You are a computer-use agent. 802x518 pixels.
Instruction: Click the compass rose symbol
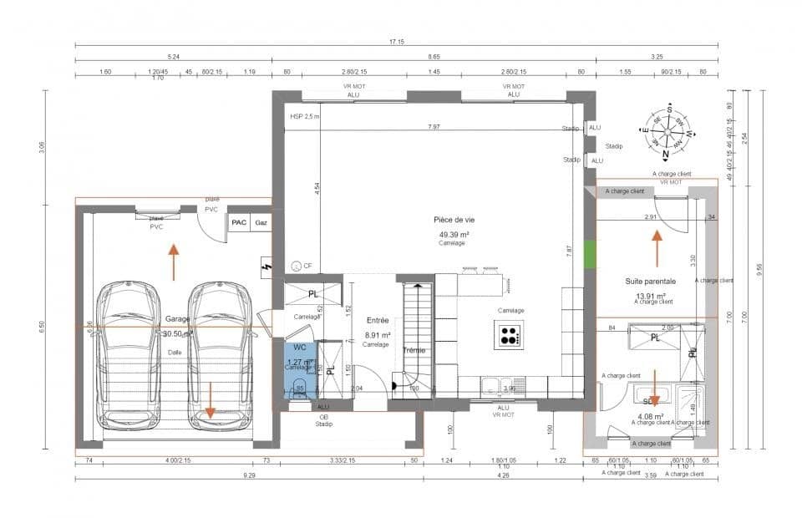coord(667,133)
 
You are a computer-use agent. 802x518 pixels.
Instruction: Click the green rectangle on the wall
coord(590,255)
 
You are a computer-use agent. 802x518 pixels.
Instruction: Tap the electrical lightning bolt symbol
coord(266,267)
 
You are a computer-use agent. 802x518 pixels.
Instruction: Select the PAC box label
coord(239,223)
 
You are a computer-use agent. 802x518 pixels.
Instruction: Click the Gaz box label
coord(261,223)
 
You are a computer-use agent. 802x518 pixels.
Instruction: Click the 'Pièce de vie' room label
coord(454,220)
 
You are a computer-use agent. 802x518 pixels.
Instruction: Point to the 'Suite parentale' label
coord(650,282)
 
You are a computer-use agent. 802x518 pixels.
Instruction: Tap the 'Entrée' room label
coord(378,320)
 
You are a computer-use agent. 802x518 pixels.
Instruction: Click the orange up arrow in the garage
coord(173,260)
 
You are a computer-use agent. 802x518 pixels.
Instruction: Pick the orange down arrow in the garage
coord(210,400)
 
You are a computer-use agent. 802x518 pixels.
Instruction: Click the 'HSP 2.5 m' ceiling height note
coord(304,117)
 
